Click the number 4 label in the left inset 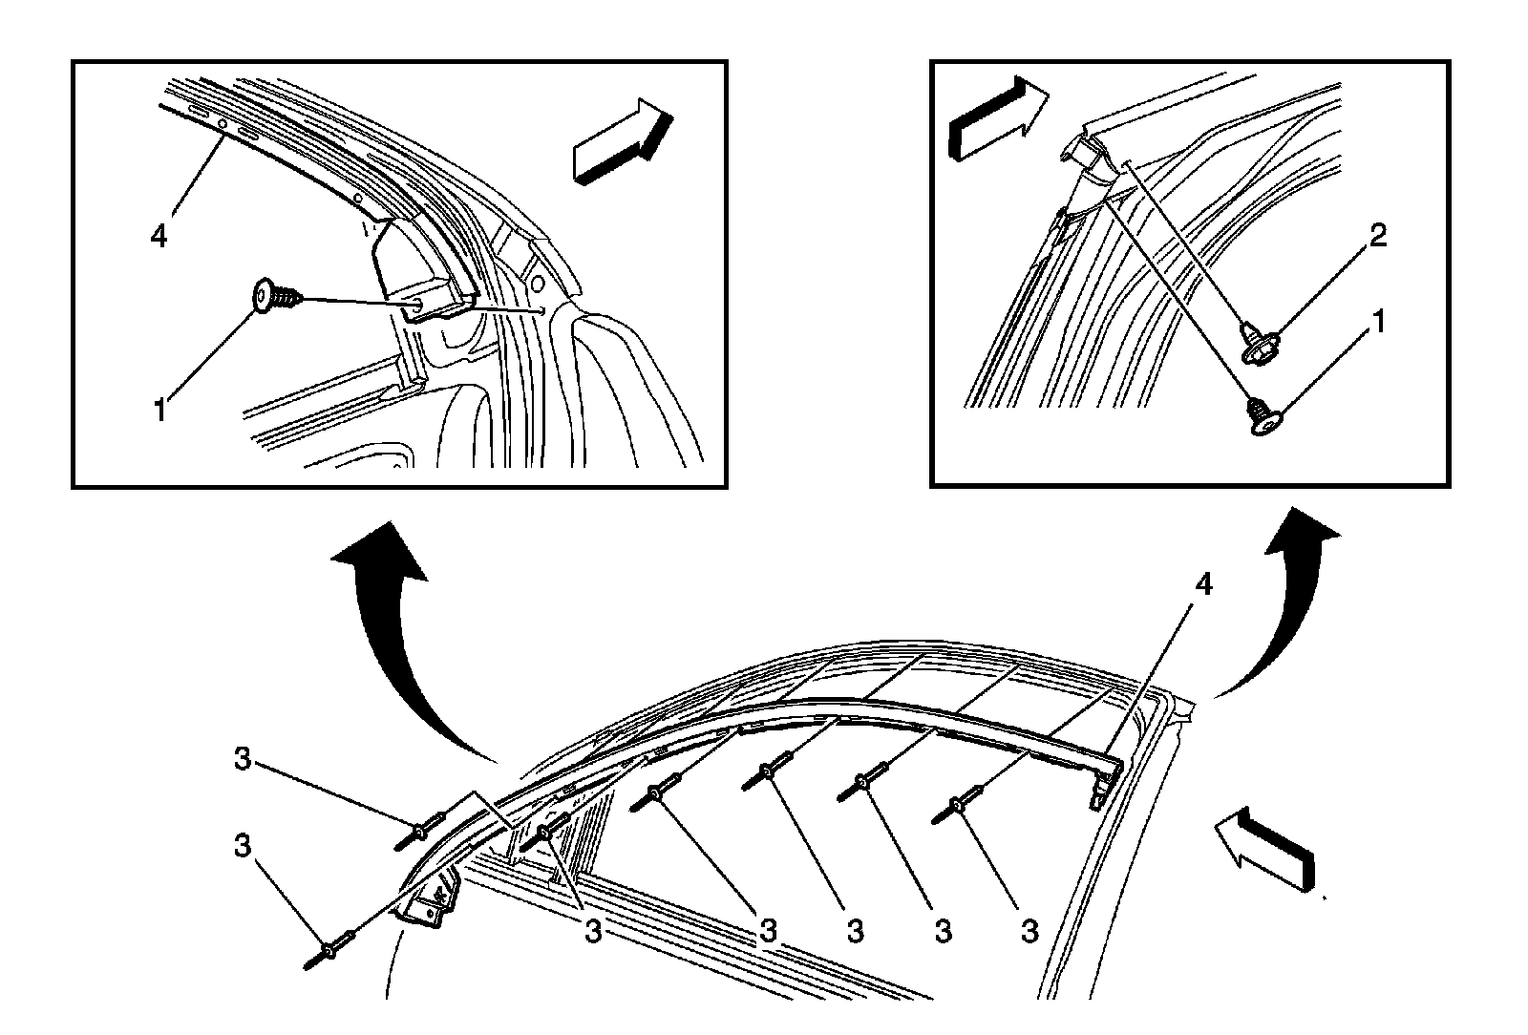click(x=159, y=236)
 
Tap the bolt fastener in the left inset click(x=276, y=298)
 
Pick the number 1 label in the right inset click(x=1378, y=324)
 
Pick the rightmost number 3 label click(x=1029, y=931)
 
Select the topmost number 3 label click(x=243, y=760)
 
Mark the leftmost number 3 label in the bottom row click(x=593, y=932)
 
